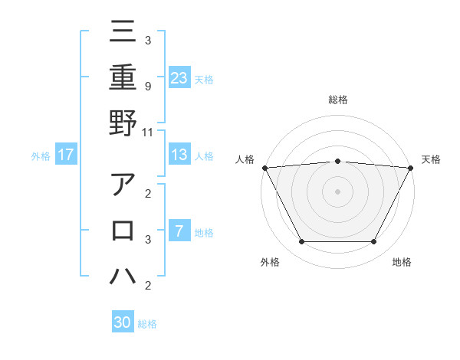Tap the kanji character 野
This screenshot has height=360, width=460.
[x=123, y=123]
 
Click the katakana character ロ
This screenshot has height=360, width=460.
[x=123, y=231]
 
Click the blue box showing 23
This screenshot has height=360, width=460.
[x=179, y=77]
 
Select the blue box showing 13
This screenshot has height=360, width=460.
[x=179, y=155]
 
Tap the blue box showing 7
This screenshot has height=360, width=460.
[x=179, y=232]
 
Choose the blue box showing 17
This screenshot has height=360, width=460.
[x=65, y=155]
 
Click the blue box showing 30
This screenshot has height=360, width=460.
[x=123, y=322]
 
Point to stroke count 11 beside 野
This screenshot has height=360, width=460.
[x=148, y=132]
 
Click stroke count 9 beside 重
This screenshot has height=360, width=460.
[x=148, y=86]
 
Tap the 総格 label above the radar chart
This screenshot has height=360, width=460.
[x=337, y=100]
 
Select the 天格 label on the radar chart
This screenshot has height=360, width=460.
[x=432, y=159]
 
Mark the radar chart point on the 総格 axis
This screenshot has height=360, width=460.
[x=337, y=161]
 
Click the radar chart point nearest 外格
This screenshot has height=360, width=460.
[x=301, y=242]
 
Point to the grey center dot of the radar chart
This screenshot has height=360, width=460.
[x=337, y=191]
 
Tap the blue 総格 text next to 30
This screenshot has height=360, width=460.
[x=147, y=324]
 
